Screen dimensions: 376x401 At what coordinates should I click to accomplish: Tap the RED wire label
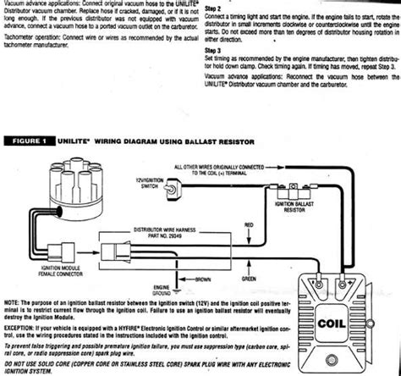point(247,226)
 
